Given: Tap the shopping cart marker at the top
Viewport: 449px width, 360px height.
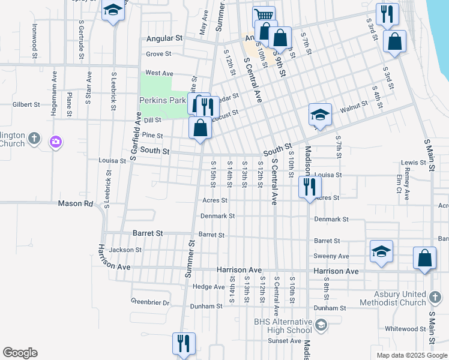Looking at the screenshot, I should coord(264,16).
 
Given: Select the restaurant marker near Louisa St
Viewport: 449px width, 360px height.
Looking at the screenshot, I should coord(309,187).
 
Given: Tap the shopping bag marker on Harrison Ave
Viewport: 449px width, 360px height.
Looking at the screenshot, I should coord(424,259).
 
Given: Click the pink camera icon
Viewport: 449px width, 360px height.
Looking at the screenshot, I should coord(56,142).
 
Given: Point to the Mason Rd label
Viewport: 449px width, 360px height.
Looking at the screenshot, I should coord(76,203).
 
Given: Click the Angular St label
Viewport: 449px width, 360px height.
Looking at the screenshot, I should coord(164,38).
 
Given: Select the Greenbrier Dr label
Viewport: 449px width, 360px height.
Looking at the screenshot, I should coord(150,302).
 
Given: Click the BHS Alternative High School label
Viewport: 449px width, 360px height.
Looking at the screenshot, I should coord(282,326).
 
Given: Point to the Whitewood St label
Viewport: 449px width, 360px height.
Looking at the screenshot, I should coord(405,329).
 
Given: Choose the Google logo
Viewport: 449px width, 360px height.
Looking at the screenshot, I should coord(20,353).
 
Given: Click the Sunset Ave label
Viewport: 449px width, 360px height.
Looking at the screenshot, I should coord(285,341).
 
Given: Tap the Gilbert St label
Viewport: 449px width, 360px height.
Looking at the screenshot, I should coord(26,104).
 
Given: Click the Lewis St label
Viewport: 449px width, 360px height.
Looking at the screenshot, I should coord(413,163).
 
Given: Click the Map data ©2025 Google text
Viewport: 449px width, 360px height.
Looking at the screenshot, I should coord(411,355).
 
